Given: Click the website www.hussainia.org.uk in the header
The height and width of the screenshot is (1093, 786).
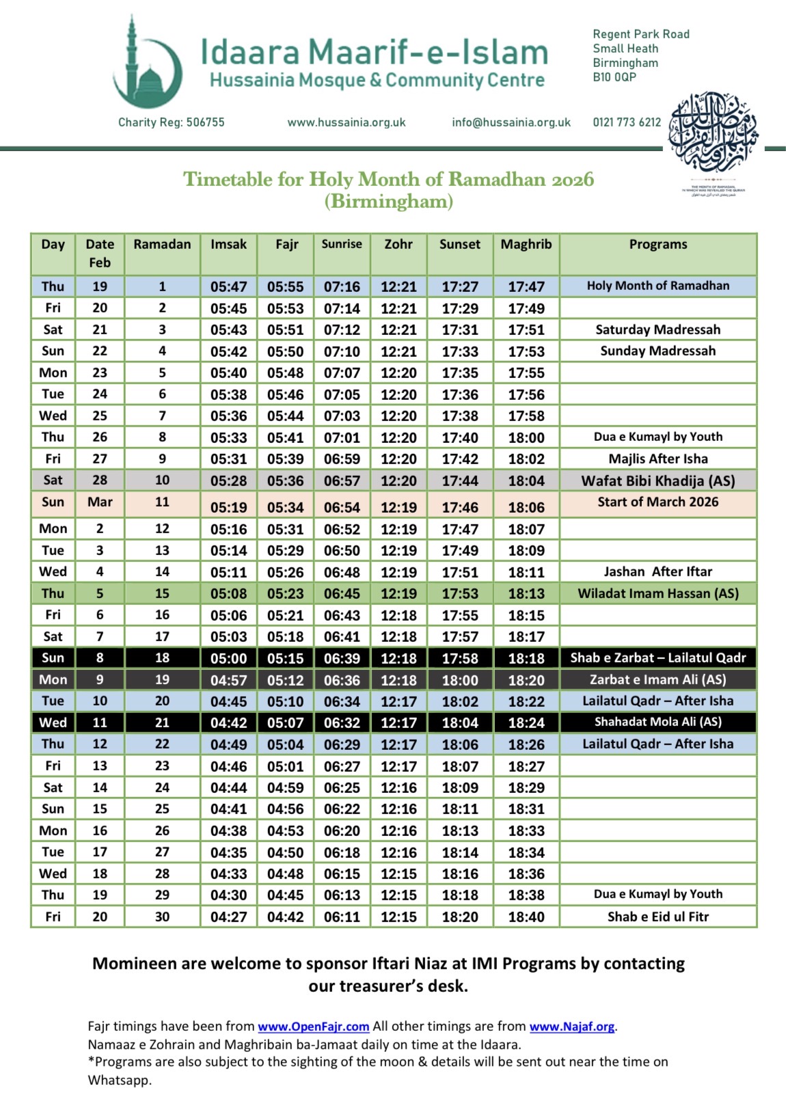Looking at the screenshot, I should tap(347, 122).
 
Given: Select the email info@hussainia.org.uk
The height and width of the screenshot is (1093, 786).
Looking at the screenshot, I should tap(511, 122).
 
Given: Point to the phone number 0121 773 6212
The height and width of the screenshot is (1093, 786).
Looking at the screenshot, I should tap(627, 122).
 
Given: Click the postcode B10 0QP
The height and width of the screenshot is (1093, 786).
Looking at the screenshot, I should tap(614, 77).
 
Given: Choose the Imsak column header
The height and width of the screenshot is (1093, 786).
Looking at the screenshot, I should tap(228, 245).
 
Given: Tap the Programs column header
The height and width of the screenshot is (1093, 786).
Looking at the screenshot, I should tap(658, 245).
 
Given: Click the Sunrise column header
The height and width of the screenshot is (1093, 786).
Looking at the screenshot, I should tap(342, 245).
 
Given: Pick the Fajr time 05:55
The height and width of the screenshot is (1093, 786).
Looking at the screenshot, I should tap(286, 287).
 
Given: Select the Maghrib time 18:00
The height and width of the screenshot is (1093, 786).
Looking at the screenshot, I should tap(526, 437).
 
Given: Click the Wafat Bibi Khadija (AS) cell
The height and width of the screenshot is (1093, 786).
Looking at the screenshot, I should tap(658, 481).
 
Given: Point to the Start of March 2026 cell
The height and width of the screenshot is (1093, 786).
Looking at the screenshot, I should tap(658, 502).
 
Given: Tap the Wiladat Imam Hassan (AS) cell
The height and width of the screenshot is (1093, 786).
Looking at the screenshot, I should tap(658, 593).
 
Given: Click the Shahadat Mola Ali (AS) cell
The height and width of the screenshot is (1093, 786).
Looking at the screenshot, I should tap(658, 722).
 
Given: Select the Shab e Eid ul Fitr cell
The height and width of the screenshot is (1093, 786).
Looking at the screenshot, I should tap(658, 917).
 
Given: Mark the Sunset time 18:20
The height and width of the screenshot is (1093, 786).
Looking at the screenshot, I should tap(460, 917).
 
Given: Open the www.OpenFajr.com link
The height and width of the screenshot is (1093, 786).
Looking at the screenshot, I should tap(313, 1027).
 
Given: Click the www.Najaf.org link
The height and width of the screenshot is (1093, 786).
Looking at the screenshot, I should tap(572, 1027).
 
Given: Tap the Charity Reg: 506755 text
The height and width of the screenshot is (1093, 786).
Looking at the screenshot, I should tap(171, 122).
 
